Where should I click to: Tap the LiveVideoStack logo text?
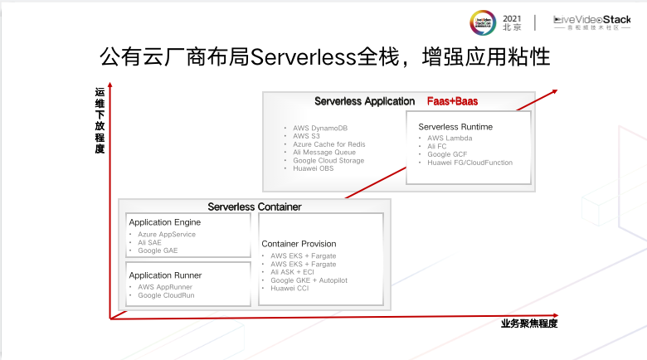[x=591, y=19]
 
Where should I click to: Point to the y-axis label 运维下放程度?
[x=100, y=120]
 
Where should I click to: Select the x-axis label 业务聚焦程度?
[x=529, y=324]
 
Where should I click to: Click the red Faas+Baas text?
[x=452, y=101]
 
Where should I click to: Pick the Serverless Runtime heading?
[x=455, y=126]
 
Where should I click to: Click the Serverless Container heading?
[x=255, y=207]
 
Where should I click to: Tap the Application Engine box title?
[x=164, y=222]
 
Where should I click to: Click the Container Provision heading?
[x=299, y=244]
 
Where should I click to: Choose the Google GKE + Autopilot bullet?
[x=309, y=280]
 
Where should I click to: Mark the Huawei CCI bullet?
[x=291, y=289]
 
